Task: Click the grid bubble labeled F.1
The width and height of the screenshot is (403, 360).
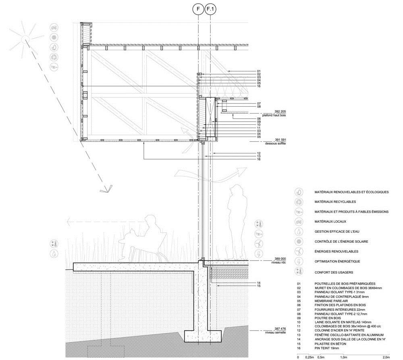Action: pyautogui.click(x=210, y=9)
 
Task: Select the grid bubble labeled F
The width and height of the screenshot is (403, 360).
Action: pyautogui.click(x=198, y=9)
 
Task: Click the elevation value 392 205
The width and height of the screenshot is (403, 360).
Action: pyautogui.click(x=280, y=112)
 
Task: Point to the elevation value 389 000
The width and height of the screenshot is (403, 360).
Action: pyautogui.click(x=280, y=259)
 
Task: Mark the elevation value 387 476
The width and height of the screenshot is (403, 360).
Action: pyautogui.click(x=280, y=329)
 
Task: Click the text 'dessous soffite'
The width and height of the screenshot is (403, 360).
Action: pyautogui.click(x=276, y=143)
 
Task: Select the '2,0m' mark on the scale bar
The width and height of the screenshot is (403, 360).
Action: pyautogui.click(x=386, y=357)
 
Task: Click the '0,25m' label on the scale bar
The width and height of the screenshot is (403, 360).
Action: pyautogui.click(x=310, y=357)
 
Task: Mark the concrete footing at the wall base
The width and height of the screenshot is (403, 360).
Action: pyautogui.click(x=203, y=336)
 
